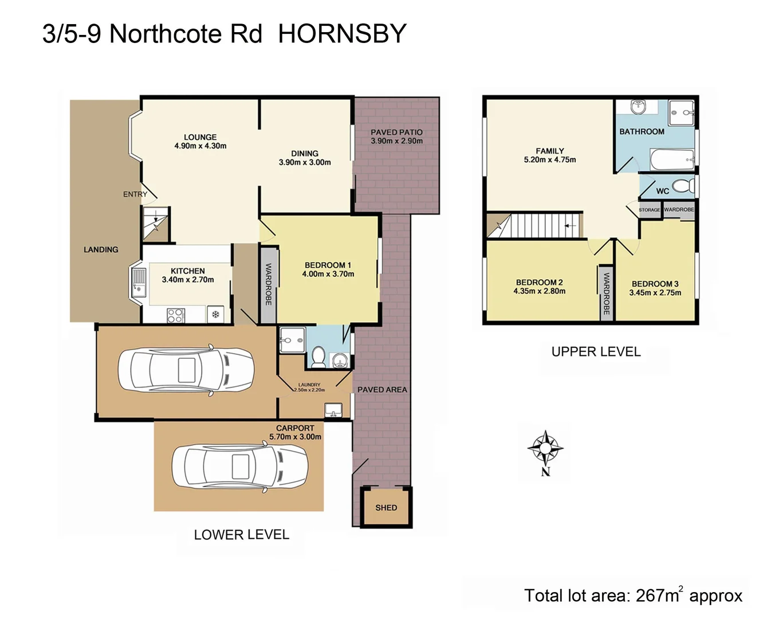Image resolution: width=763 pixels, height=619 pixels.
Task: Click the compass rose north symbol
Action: pyautogui.click(x=545, y=448)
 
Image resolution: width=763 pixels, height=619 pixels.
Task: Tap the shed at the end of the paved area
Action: pyautogui.click(x=386, y=507)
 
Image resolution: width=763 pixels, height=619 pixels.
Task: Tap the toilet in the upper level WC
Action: pyautogui.click(x=682, y=186)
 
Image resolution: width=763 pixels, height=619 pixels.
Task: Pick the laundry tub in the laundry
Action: pyautogui.click(x=333, y=410)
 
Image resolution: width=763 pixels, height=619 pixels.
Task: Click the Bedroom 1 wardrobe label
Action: pyautogui.click(x=268, y=284)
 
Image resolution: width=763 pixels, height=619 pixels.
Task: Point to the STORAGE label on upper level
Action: pyautogui.click(x=649, y=210)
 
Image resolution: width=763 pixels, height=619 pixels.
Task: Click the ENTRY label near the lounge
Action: pyautogui.click(x=135, y=194)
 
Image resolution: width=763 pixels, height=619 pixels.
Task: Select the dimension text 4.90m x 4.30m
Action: pyautogui.click(x=200, y=146)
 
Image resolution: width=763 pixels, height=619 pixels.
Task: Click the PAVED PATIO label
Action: pyautogui.click(x=396, y=132)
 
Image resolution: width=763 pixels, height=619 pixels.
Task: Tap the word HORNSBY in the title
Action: pyautogui.click(x=342, y=34)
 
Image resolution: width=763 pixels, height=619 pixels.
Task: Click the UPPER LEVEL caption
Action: pyautogui.click(x=596, y=352)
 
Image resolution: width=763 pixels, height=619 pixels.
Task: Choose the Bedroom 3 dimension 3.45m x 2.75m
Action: pyautogui.click(x=655, y=293)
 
